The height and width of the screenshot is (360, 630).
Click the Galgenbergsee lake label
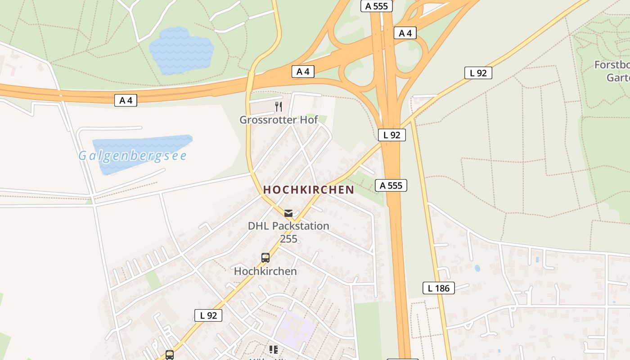(x=132, y=156)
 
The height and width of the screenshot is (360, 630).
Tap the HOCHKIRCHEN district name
(x=309, y=189)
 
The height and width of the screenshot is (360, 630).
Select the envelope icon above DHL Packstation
(x=288, y=213)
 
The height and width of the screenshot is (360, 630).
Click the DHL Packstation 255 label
(x=288, y=232)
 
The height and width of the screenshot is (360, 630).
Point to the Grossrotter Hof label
(x=279, y=120)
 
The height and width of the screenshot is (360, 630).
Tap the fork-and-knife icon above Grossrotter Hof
(x=279, y=107)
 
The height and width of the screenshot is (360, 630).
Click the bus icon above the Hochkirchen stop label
(x=265, y=258)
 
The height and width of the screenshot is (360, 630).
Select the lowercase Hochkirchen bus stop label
(x=265, y=271)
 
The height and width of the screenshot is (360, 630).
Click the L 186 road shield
(x=438, y=288)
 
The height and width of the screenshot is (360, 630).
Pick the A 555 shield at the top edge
(x=377, y=6)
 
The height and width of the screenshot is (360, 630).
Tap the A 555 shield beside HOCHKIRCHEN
(x=391, y=185)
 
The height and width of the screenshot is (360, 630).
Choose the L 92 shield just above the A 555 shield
(x=391, y=135)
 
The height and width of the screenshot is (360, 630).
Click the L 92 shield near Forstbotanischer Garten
(x=478, y=73)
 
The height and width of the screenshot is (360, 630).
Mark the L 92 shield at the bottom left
(x=208, y=315)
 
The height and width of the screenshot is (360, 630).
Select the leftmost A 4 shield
(x=126, y=100)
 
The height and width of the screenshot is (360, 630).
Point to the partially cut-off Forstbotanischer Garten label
(x=612, y=71)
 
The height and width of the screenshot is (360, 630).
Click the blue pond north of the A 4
(x=181, y=50)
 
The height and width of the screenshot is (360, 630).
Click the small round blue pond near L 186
(x=477, y=268)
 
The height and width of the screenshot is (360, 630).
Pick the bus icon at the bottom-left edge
(x=170, y=355)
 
